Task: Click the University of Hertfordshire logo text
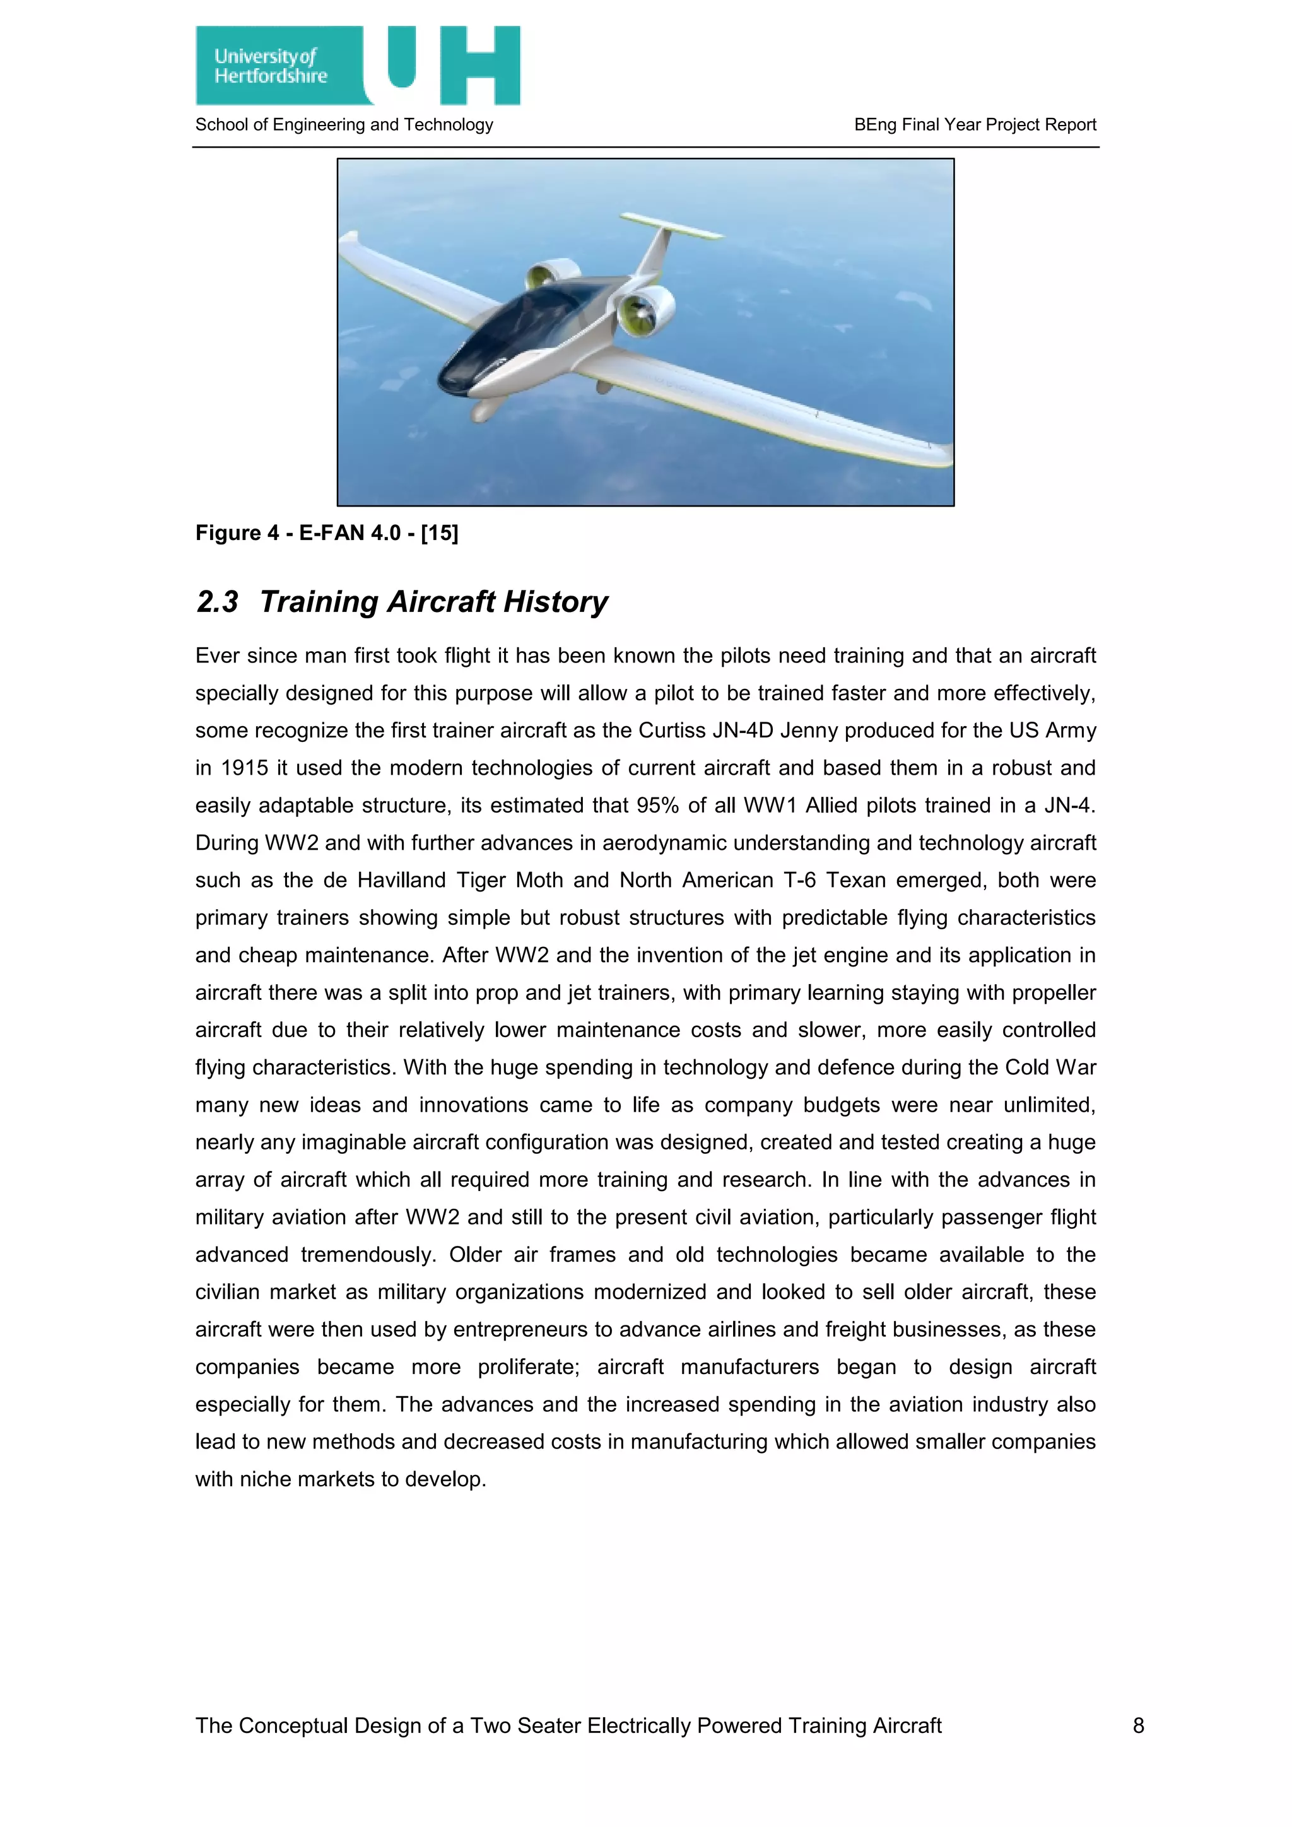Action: coord(271,66)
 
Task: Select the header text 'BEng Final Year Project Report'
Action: coord(975,125)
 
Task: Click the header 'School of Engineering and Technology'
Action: coord(344,125)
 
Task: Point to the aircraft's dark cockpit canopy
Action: coord(517,326)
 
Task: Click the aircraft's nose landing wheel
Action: coord(483,411)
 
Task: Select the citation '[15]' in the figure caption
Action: coord(439,533)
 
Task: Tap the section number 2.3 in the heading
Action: coord(216,602)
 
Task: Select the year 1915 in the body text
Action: coord(244,768)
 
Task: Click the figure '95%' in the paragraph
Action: coord(657,805)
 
